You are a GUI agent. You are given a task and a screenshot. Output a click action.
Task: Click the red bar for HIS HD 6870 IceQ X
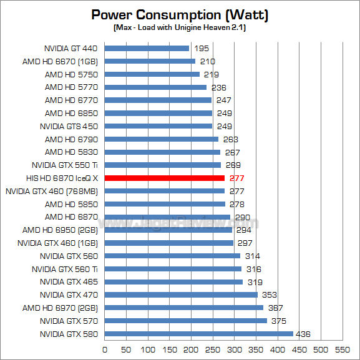pos(164,178)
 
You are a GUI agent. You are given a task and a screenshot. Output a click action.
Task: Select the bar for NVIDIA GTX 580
pos(199,334)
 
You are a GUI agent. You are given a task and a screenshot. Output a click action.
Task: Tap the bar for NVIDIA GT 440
pos(147,48)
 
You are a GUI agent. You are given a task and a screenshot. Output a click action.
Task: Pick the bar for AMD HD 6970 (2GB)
pos(184,308)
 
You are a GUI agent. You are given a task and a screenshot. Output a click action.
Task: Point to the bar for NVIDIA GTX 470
pos(181,294)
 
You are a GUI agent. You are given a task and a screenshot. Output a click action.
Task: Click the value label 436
pos(303,334)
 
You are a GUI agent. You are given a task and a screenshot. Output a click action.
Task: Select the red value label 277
pos(236,178)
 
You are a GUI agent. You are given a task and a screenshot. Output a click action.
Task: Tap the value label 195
pos(202,49)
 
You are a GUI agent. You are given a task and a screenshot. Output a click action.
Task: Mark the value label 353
pos(270,294)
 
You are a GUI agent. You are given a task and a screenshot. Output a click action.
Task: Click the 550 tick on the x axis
pos(343,349)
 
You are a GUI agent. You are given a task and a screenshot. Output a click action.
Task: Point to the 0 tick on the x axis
pos(105,349)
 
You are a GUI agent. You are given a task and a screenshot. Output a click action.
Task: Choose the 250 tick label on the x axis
pos(213,349)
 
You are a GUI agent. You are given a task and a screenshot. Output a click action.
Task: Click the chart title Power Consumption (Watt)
pos(180,15)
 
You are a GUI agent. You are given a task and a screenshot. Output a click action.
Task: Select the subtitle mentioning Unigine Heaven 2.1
pos(180,27)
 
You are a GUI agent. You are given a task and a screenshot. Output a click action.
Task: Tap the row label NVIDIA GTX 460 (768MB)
pos(52,192)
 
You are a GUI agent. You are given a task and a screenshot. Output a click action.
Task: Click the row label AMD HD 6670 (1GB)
pos(60,62)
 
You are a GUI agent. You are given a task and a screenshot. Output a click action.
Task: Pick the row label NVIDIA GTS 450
pos(69,126)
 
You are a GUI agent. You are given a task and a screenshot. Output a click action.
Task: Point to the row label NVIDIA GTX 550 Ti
pos(65,165)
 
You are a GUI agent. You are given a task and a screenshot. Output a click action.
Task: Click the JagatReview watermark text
pos(178,222)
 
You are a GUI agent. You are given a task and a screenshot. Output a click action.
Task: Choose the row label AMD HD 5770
pos(71,87)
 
